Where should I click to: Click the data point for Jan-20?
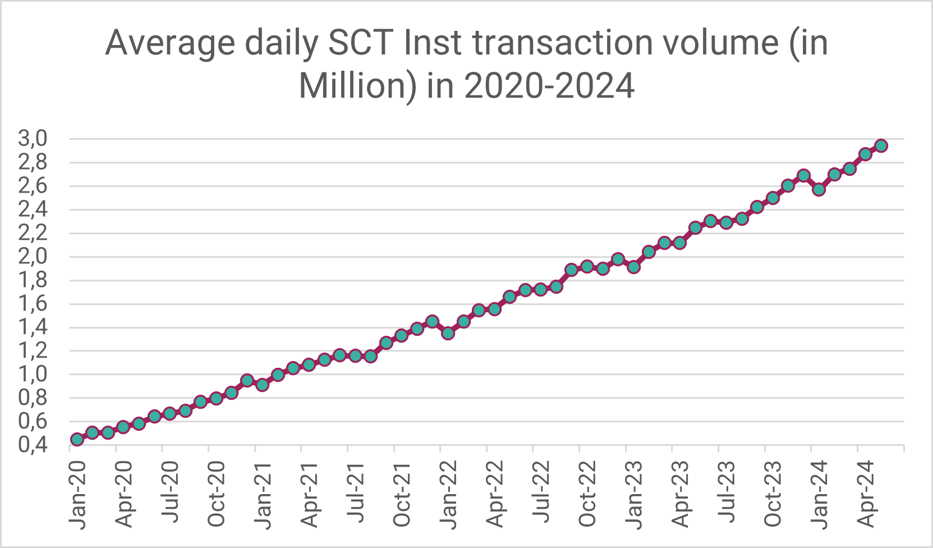click(77, 439)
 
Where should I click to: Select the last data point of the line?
click(881, 146)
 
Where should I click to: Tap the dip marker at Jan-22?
click(448, 333)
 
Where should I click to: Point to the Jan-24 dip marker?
click(819, 189)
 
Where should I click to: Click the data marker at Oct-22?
click(587, 266)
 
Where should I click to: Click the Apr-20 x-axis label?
click(124, 494)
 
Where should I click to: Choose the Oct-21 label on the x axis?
click(402, 494)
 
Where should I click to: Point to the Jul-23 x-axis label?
click(727, 494)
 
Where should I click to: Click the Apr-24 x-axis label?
click(866, 494)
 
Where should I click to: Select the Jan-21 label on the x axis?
click(263, 494)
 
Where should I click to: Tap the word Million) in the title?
click(357, 86)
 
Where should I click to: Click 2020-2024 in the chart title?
click(549, 86)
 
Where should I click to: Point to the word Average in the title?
click(170, 43)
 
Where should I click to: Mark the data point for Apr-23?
click(679, 243)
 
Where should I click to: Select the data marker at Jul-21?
click(355, 355)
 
